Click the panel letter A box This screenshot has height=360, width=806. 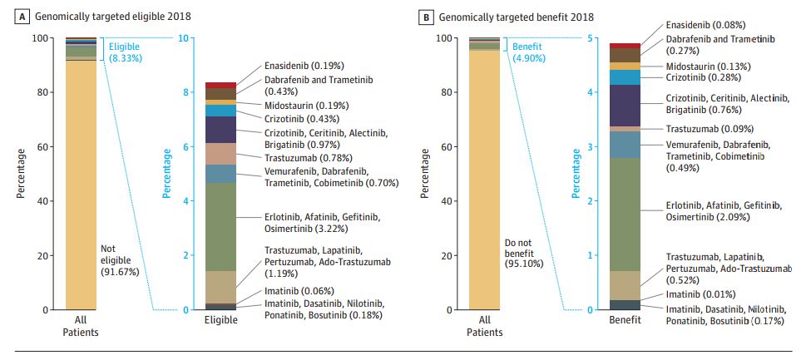[13, 16]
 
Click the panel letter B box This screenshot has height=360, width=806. [427, 16]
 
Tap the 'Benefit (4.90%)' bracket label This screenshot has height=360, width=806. [530, 52]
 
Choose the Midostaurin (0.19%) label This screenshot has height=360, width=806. [306, 106]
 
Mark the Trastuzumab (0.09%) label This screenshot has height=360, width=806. [710, 129]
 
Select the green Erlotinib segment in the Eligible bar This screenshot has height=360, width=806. [220, 227]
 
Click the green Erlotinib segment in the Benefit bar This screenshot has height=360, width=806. [624, 215]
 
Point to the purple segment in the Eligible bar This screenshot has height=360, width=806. [220, 130]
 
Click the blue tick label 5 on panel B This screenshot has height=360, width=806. [590, 38]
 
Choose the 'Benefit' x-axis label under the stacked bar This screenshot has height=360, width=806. [625, 320]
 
